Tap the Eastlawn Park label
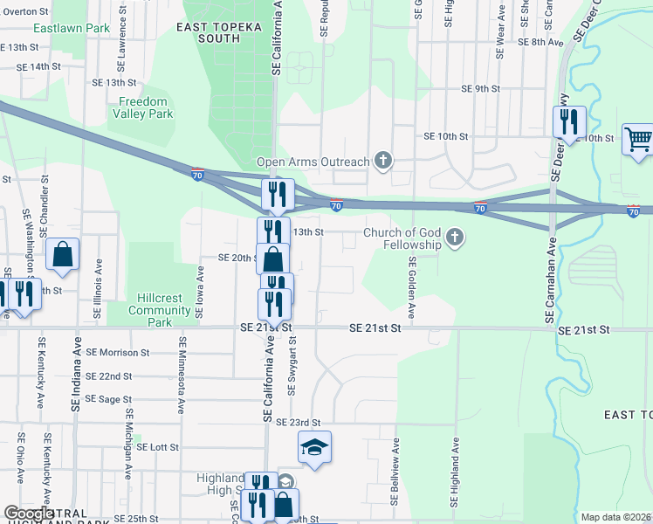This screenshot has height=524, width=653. pos(72,28)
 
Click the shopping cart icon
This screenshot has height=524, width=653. pos(638,140)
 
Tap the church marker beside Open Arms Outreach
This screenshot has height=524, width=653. pos(382,160)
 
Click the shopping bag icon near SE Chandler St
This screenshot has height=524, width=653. pos(63,255)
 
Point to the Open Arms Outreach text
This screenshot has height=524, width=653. pos(313,162)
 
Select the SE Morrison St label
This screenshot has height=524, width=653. pos(113,353)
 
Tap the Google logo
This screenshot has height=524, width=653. pos(29,514)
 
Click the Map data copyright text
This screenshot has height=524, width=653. pos(615,517)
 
